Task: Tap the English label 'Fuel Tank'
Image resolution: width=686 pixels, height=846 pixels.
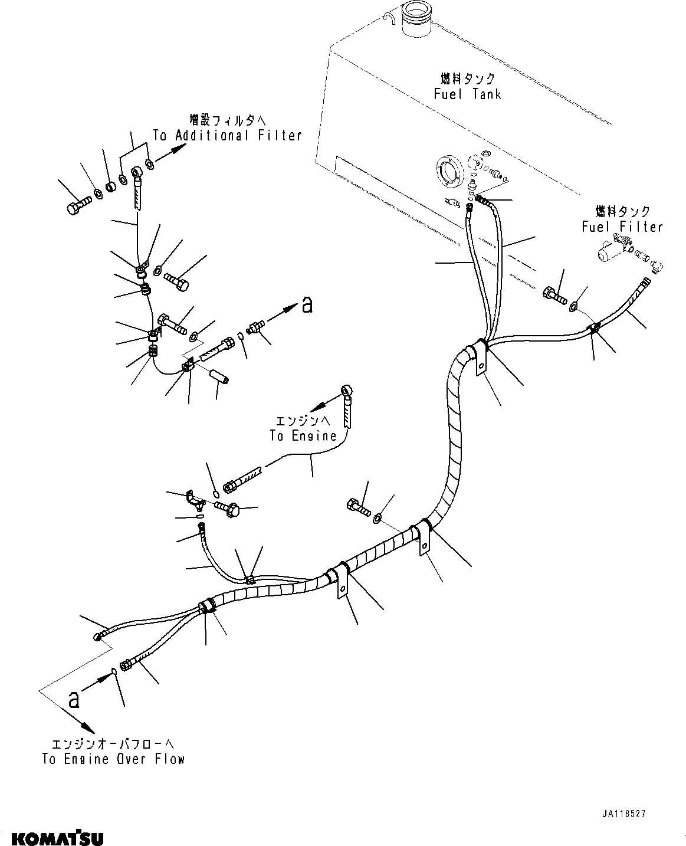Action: pyautogui.click(x=467, y=94)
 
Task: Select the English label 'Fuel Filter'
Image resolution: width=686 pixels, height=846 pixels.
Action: pyautogui.click(x=622, y=227)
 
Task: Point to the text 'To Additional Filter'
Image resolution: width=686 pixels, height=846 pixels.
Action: pyautogui.click(x=227, y=135)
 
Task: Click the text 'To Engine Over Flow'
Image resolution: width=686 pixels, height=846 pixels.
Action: pyautogui.click(x=113, y=759)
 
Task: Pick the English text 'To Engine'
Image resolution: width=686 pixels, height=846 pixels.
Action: pyautogui.click(x=303, y=436)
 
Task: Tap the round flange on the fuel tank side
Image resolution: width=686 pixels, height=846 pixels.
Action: pyautogui.click(x=447, y=172)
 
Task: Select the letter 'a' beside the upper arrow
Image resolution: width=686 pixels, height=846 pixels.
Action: pyautogui.click(x=307, y=304)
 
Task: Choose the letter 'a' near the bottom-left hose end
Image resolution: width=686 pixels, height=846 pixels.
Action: pyautogui.click(x=74, y=699)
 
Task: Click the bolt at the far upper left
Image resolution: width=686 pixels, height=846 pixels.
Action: pyautogui.click(x=77, y=207)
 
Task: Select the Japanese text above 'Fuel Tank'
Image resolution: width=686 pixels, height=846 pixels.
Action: pyautogui.click(x=468, y=78)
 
